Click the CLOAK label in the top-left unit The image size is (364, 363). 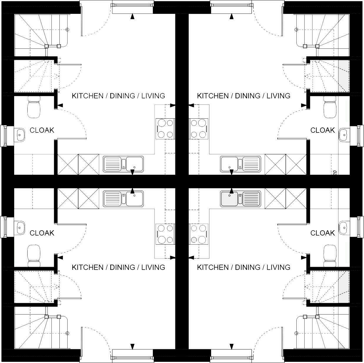click(42, 130)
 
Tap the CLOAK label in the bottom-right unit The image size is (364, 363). click(323, 233)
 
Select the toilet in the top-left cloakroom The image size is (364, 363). click(34, 107)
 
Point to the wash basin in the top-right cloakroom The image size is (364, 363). click(343, 135)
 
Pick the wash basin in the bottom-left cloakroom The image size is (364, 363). click(20, 228)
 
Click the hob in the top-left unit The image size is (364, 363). click(165, 128)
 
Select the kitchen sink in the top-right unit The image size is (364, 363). click(241, 164)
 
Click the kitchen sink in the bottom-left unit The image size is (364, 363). click(123, 198)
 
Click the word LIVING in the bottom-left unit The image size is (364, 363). click(153, 267)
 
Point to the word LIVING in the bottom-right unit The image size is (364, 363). click(278, 267)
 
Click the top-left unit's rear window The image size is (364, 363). click(133, 5)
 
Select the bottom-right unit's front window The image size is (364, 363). click(231, 357)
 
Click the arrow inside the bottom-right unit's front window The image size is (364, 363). click(231, 347)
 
